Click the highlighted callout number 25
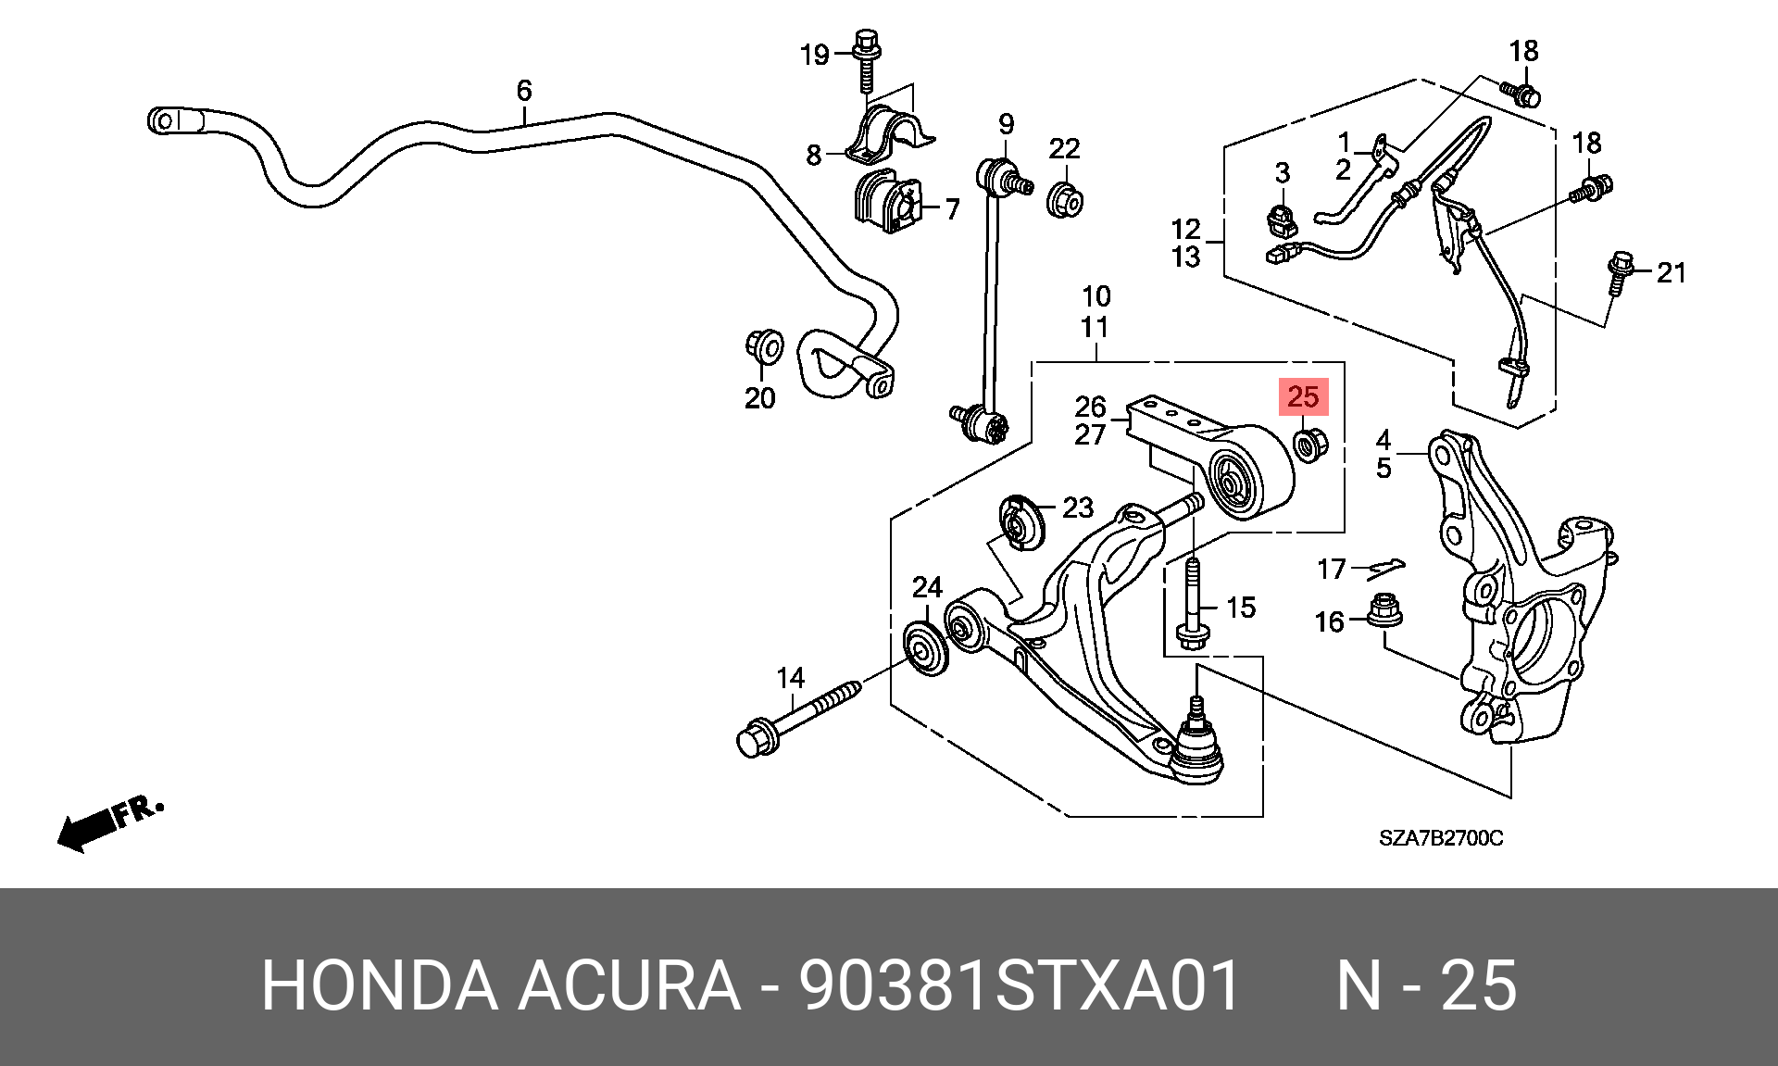[x=1303, y=396]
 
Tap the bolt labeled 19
[x=867, y=60]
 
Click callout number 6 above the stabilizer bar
[x=524, y=90]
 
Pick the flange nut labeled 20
[x=765, y=347]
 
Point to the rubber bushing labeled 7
[x=888, y=201]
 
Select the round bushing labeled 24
[x=926, y=649]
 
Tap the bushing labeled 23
[x=1022, y=523]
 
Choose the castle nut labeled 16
[x=1384, y=610]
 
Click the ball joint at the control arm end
[x=1196, y=741]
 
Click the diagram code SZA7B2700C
[x=1441, y=838]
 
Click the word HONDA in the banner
[x=380, y=984]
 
